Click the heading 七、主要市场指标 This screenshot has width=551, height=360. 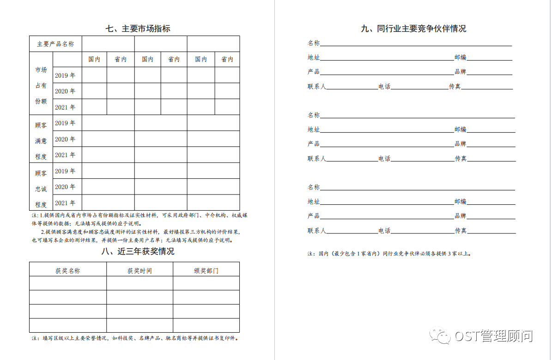[x=138, y=28]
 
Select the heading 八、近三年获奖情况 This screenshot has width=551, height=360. [x=138, y=251]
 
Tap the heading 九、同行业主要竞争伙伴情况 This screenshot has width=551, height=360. [x=413, y=29]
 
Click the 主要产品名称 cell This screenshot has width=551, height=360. [x=55, y=44]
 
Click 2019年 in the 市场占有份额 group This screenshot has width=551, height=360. [x=65, y=75]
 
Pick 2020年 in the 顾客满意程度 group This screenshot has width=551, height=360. [x=65, y=139]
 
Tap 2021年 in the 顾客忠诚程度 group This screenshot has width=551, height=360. [x=65, y=203]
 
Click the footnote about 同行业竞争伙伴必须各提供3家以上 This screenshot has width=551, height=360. [x=389, y=254]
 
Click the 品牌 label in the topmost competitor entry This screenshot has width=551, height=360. [x=460, y=72]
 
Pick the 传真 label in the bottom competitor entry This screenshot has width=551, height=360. [x=460, y=231]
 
